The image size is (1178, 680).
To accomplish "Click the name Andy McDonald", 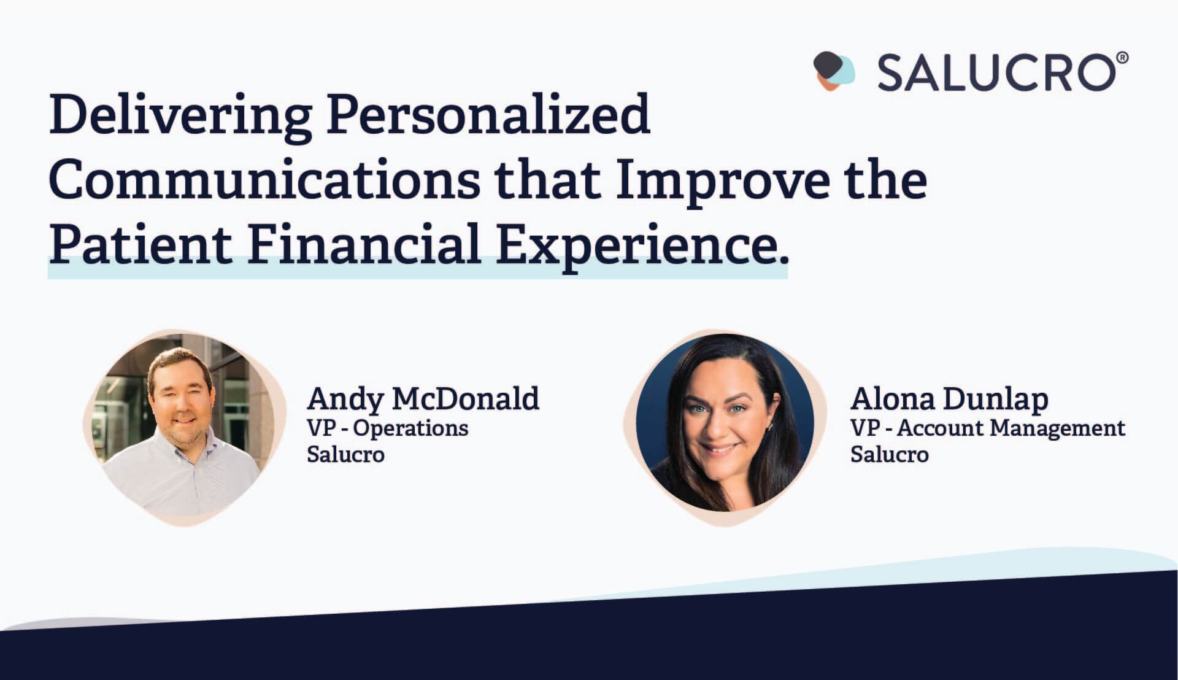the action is click(423, 400).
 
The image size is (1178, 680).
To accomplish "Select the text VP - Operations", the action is click(388, 428).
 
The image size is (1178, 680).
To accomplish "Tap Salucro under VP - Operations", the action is click(346, 454).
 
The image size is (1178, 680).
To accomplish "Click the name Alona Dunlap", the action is click(949, 400).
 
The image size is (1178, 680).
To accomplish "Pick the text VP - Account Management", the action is click(988, 428).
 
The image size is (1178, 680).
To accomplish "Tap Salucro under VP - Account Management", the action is click(890, 454).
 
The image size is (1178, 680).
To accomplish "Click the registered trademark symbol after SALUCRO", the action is click(1122, 59).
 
